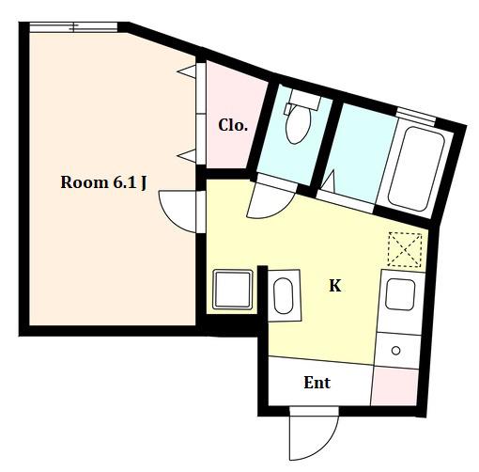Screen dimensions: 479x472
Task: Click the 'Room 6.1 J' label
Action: pos(103,182)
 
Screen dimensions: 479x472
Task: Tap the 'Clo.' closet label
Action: pos(233,125)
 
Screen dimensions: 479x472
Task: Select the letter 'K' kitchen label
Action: pos(335,286)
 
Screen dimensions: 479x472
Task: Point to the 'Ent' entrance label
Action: pos(317,383)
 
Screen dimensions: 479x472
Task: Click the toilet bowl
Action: pos(298,125)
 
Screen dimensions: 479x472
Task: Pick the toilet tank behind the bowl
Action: pos(305,99)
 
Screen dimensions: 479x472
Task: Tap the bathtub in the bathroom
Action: pos(416,168)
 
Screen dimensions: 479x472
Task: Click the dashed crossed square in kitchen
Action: pos(405,250)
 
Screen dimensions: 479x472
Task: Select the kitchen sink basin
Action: pos(400,294)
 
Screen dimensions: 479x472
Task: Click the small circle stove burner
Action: pos(396,351)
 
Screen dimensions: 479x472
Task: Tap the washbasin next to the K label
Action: pos(284,296)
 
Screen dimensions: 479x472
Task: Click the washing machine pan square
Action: pos(233,290)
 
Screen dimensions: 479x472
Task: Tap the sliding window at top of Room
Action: pos(73,27)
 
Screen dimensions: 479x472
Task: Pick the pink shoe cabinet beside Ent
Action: pos(395,386)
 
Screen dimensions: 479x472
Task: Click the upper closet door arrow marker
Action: pos(187,71)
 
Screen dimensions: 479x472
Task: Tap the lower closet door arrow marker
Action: pos(187,156)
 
